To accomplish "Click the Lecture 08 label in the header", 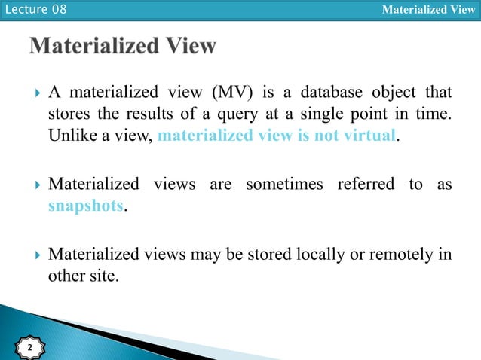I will coord(34,10).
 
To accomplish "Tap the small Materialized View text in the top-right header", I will coord(428,10).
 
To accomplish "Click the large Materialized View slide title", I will coord(123,47).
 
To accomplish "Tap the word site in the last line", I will coord(104,276).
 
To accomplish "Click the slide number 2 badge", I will coord(30,348).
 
